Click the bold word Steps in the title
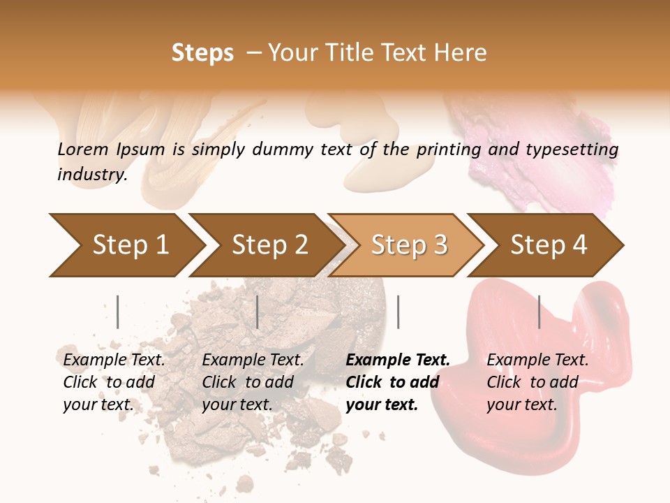click(x=202, y=53)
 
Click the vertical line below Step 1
click(x=117, y=312)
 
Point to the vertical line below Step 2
click(x=258, y=312)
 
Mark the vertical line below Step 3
click(x=398, y=312)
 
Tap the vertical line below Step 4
click(x=539, y=312)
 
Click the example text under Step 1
click(x=114, y=382)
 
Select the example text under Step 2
click(x=253, y=382)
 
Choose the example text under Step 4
click(x=537, y=382)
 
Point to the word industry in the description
click(x=92, y=175)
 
